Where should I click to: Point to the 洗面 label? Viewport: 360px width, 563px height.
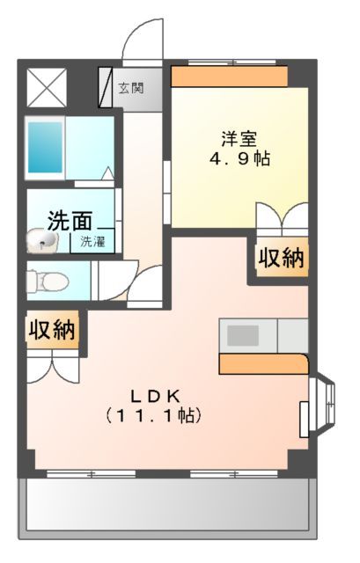[70, 218]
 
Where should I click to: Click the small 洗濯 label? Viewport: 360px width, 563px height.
[92, 240]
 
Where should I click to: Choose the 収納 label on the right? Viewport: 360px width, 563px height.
[281, 258]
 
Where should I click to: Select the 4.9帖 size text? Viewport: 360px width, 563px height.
[239, 160]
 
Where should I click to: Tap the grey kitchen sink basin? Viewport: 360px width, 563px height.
[245, 335]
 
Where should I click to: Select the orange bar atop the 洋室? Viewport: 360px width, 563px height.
[230, 77]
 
